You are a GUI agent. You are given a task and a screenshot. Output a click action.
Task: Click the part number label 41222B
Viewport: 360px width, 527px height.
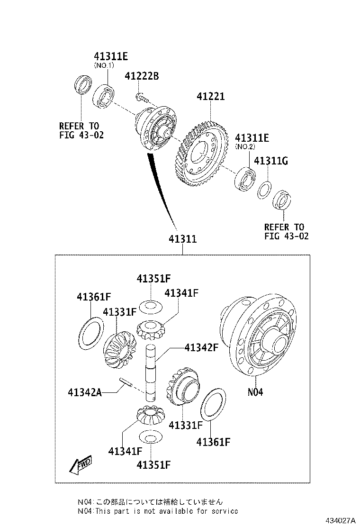point(142,76)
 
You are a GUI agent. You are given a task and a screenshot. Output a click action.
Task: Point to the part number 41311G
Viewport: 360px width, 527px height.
point(271,161)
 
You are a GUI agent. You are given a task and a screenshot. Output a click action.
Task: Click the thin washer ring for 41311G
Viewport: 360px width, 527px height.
point(264,190)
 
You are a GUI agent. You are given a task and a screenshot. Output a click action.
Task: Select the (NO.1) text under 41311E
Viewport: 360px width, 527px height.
point(104,66)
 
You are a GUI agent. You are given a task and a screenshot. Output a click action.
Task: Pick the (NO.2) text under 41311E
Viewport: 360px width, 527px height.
point(245,147)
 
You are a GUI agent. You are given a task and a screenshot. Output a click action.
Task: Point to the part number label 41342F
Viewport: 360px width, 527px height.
point(201,347)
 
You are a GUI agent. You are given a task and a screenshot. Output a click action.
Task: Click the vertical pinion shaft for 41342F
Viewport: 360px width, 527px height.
point(151,374)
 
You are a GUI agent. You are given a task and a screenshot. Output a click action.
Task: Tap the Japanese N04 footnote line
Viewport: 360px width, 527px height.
point(151,501)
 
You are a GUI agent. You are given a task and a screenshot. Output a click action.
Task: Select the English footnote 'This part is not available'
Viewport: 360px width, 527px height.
point(158,511)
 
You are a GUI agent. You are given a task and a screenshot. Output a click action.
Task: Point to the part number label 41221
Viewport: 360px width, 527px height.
point(211,97)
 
